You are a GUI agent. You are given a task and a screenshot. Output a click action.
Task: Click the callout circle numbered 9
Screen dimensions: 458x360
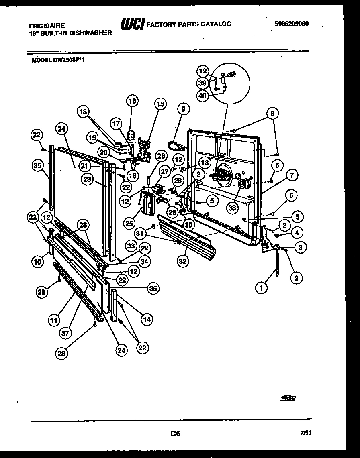tap(183, 108)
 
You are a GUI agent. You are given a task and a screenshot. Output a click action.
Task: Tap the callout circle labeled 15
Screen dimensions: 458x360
tap(160, 104)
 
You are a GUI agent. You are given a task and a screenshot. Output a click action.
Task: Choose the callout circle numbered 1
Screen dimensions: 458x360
tap(262, 287)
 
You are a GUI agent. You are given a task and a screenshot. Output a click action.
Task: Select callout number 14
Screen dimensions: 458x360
tap(147, 320)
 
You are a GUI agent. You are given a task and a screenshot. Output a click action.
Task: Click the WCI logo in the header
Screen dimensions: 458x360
tap(133, 24)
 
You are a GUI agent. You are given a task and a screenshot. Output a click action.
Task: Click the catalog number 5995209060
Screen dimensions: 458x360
tap(292, 24)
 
